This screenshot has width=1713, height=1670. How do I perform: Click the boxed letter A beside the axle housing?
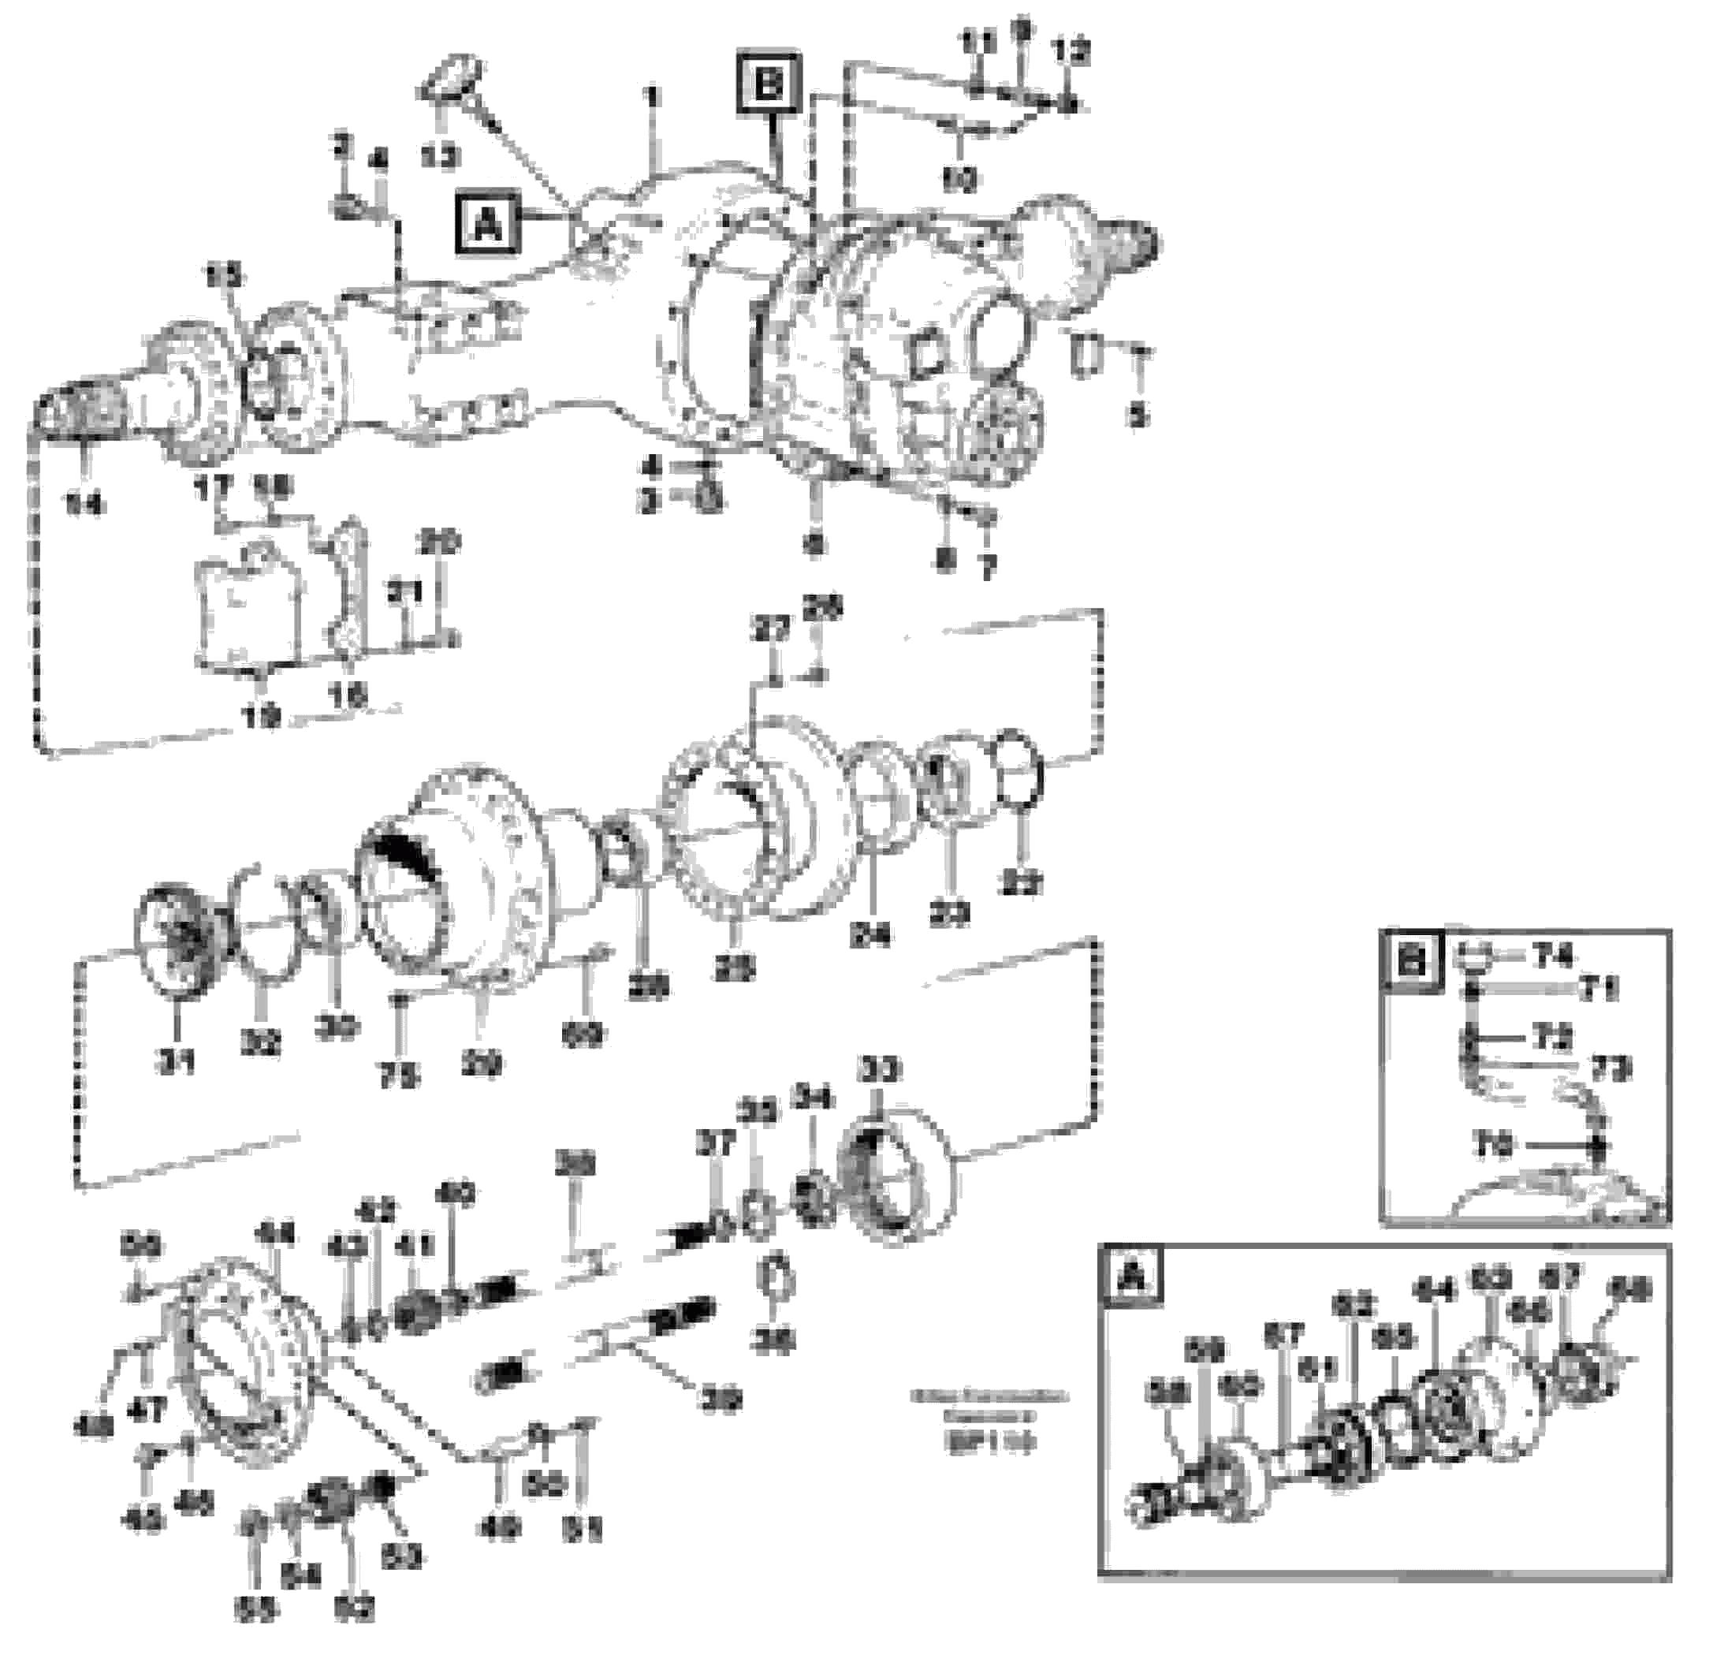487,226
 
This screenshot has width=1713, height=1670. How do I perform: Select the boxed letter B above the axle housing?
769,85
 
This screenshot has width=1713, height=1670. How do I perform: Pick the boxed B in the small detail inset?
1411,961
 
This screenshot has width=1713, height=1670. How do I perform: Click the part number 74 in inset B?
1551,955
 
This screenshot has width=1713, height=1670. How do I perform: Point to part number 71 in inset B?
1598,990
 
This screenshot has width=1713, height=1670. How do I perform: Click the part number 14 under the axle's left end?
85,504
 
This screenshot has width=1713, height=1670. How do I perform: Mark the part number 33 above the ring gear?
881,1070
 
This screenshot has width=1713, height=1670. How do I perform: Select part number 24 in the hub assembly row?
870,934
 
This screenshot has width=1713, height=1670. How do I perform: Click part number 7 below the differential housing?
988,568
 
